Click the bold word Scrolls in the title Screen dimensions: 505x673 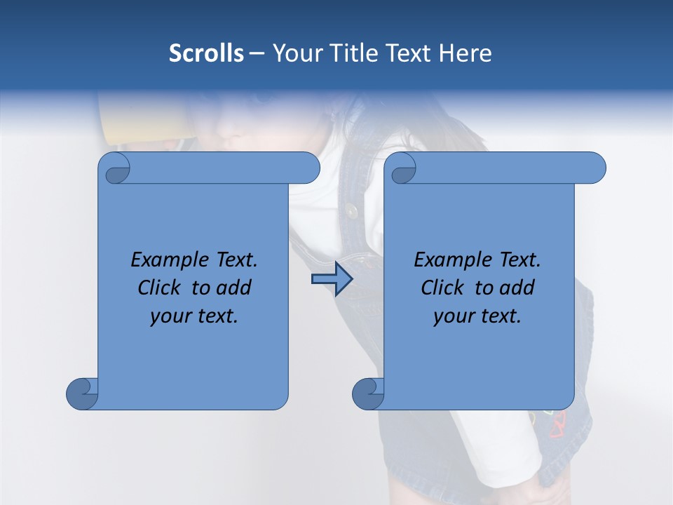[x=206, y=53]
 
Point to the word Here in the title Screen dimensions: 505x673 [x=465, y=53]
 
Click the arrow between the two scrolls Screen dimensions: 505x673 [x=332, y=279]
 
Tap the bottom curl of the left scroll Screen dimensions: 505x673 [x=83, y=393]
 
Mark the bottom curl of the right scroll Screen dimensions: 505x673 [x=369, y=393]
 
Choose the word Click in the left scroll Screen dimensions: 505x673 [x=160, y=288]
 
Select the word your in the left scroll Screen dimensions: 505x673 [x=170, y=316]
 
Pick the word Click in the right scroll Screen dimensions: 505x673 [x=442, y=288]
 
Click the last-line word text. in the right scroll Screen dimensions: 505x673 [x=500, y=316]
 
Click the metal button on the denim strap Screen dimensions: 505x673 [x=350, y=208]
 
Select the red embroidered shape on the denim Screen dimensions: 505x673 [x=558, y=425]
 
